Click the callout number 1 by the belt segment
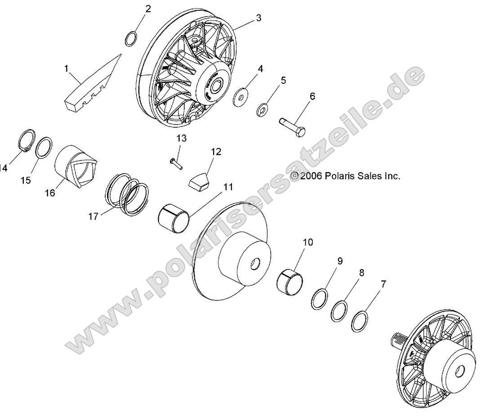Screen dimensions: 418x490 [x=66, y=69]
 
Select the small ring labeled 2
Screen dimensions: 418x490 [x=130, y=39]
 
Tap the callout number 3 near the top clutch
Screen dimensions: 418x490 [x=258, y=18]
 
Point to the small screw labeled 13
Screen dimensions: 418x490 [x=175, y=162]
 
